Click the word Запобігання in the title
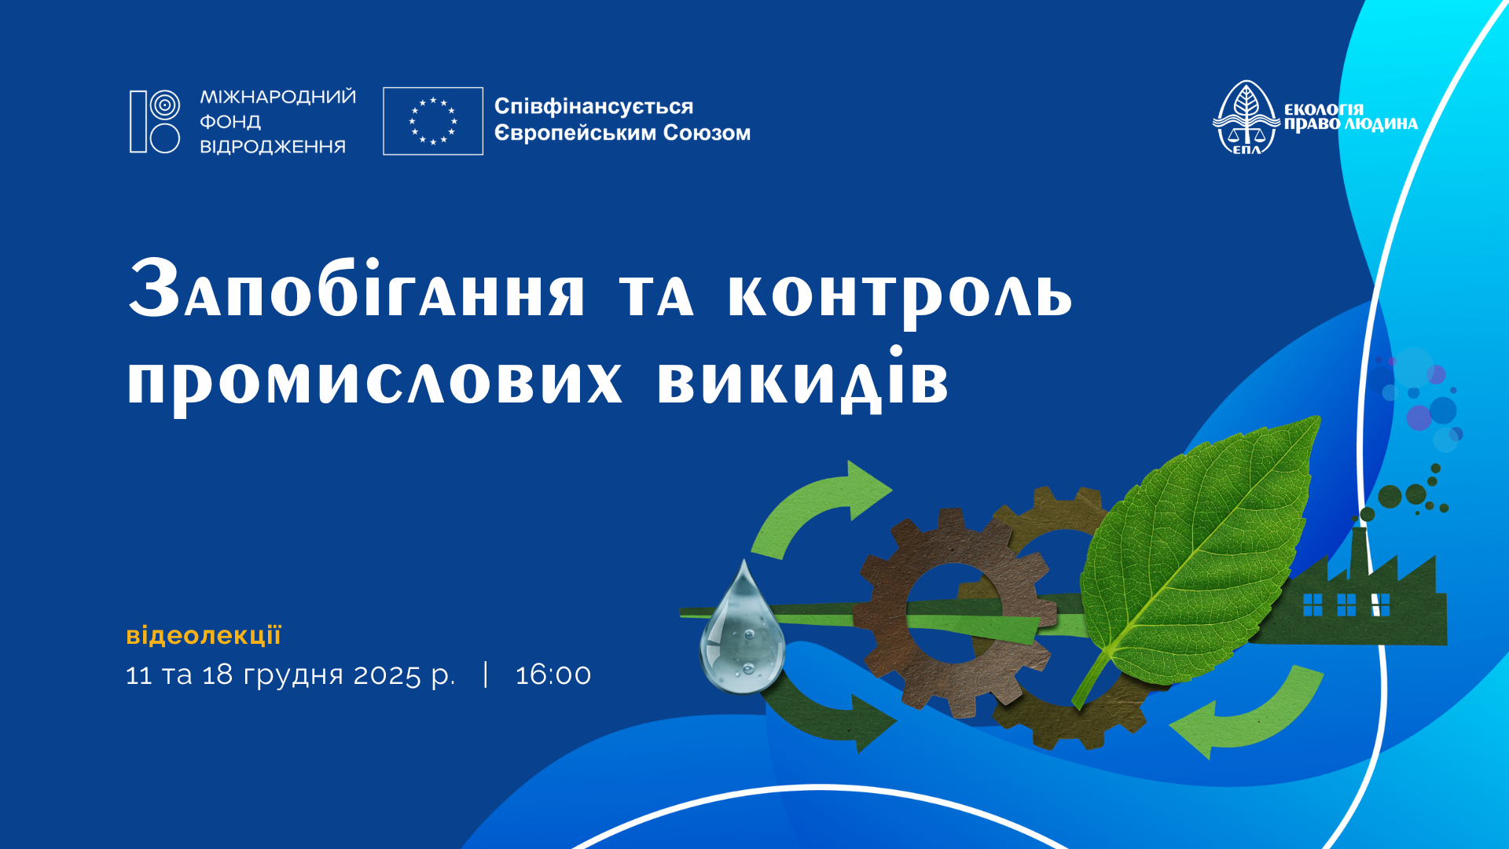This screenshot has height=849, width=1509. [x=357, y=289]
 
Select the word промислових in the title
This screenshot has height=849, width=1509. [x=375, y=380]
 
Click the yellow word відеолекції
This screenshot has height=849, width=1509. [x=204, y=634]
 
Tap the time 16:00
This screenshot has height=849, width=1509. [x=553, y=674]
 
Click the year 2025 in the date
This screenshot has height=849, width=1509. [x=387, y=674]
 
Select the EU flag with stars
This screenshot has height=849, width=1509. [x=433, y=121]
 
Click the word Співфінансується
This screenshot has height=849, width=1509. [x=593, y=107]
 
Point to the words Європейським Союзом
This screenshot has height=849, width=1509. [x=622, y=133]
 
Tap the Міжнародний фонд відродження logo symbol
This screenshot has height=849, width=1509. [x=155, y=121]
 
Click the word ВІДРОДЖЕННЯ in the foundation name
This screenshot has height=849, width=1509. [x=273, y=146]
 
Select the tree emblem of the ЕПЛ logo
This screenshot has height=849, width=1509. [x=1246, y=116]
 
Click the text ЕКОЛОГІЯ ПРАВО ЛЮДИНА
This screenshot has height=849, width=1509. [x=1351, y=117]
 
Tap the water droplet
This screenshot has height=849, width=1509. [x=742, y=629]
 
